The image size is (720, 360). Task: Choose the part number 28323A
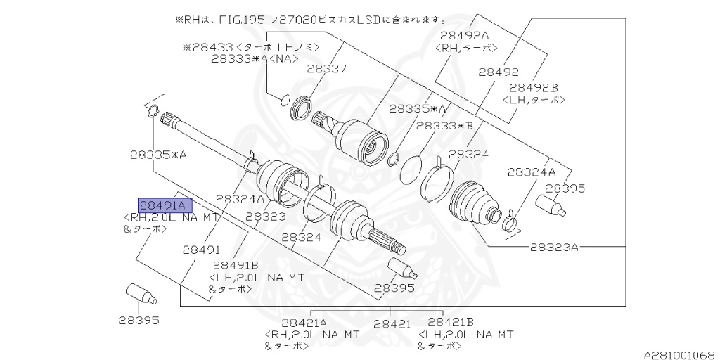pyautogui.click(x=554, y=247)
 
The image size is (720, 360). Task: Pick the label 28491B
pyautogui.click(x=236, y=265)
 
